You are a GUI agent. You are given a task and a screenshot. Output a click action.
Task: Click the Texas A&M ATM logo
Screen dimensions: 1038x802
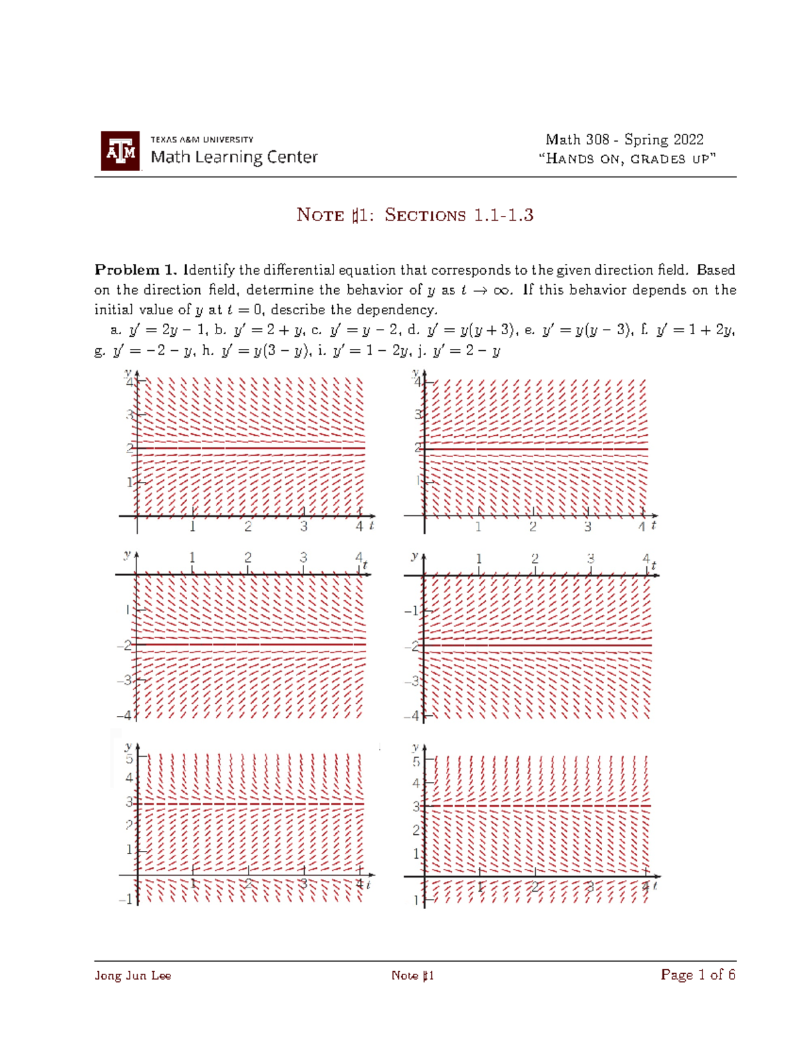pos(120,151)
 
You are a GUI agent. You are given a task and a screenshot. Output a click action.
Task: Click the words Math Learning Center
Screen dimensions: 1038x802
pos(234,157)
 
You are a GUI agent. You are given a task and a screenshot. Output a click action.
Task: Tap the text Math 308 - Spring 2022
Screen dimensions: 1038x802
pos(624,140)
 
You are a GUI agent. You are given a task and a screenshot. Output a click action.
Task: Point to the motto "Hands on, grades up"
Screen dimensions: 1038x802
pos(628,159)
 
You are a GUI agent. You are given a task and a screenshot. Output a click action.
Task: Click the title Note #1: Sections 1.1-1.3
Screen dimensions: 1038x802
pos(414,215)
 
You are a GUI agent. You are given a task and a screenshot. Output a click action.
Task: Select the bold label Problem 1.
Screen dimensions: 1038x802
pos(136,270)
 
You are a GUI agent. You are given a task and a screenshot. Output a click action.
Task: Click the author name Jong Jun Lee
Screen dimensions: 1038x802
pos(133,976)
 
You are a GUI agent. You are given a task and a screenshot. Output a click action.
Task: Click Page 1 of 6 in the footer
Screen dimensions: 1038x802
pos(698,975)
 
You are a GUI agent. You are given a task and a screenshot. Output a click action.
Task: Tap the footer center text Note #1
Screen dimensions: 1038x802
pos(412,976)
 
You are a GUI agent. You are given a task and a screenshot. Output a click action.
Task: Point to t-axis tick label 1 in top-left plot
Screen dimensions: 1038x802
pos(192,527)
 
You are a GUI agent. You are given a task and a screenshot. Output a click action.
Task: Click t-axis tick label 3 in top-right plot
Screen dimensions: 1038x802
pos(587,527)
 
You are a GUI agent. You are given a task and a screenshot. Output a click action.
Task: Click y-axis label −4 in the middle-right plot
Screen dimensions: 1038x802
pos(412,716)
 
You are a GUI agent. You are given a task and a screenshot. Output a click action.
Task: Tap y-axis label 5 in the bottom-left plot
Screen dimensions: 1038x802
pos(130,759)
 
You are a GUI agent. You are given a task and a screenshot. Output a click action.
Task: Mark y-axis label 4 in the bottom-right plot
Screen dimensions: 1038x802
pos(416,783)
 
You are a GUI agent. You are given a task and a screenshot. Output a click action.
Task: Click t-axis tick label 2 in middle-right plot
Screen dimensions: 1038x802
pos(535,559)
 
